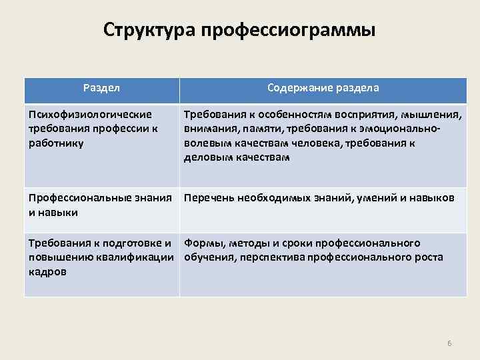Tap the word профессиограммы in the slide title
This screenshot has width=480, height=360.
(289, 31)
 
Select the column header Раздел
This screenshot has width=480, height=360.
(101, 88)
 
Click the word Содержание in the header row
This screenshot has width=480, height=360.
(297, 88)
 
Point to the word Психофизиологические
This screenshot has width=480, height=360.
(90, 114)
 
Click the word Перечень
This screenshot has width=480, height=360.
(207, 198)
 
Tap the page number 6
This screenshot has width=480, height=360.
(449, 343)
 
